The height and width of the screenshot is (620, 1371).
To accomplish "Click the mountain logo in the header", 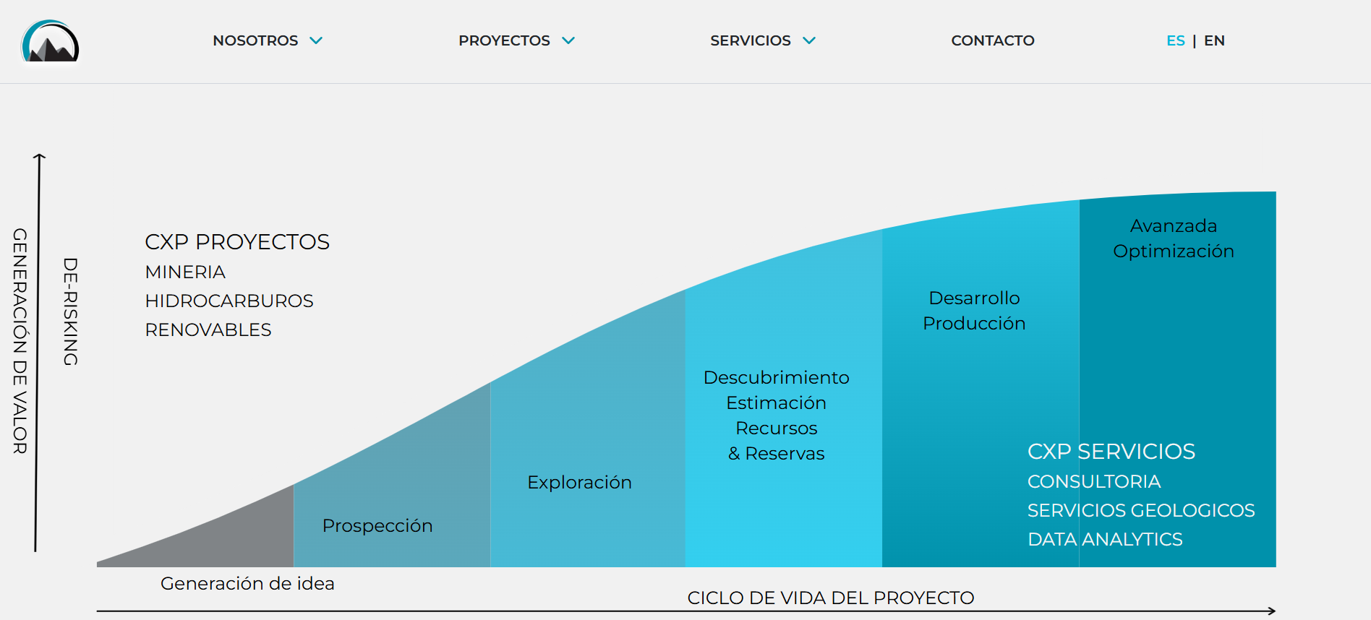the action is pos(50,41).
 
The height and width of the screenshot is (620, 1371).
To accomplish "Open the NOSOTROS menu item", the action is pos(255,40).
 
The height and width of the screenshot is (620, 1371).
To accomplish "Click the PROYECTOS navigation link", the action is pos(504,40).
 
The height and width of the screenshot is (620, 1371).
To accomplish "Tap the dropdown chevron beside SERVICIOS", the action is pos(809,40).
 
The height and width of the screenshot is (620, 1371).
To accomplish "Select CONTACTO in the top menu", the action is pos(993,40).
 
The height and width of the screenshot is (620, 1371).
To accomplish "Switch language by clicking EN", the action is pos(1214,40).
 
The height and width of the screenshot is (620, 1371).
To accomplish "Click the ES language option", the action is pos(1176,40).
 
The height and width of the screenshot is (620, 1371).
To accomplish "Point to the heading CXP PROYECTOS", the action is pos(237,241).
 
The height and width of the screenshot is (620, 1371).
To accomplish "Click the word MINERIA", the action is pos(185,272).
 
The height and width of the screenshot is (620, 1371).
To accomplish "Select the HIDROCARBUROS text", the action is pos(229,301).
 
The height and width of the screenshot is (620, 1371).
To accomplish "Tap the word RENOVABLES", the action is pos(208,330).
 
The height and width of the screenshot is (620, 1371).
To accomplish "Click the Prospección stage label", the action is pos(377,525).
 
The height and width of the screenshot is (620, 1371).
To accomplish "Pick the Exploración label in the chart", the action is pos(579,482).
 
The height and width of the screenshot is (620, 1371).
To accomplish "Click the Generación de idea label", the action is pos(247,583).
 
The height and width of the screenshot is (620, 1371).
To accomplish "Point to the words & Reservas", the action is pos(776,453).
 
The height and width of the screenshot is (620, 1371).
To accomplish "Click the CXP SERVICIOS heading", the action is pos(1111,451).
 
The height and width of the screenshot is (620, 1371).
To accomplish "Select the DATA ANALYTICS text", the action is pos(1105,539).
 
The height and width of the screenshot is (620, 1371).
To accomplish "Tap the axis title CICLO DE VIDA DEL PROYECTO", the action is pos(831,598).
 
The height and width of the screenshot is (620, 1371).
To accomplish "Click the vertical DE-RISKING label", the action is pos(70,311).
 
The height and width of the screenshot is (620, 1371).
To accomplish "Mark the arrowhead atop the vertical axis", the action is pos(40,155).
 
